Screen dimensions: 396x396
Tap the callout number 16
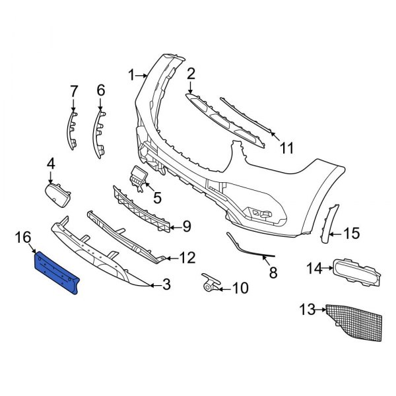[x=22, y=237]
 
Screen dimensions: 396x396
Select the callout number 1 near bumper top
[x=131, y=75]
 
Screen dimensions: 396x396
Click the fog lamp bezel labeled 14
[x=355, y=272]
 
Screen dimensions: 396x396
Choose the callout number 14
[x=314, y=268]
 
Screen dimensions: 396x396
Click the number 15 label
[x=352, y=233]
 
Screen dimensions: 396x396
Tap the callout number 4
[x=51, y=162]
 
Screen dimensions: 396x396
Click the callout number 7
[x=73, y=89]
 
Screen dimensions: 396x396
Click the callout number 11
[x=284, y=148]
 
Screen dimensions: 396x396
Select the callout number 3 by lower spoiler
[x=166, y=285]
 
